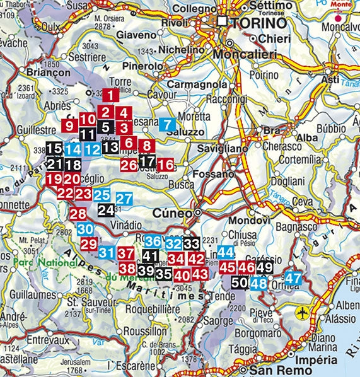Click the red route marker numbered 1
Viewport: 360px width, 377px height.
(x=110, y=96)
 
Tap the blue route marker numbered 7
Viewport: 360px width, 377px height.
(x=168, y=124)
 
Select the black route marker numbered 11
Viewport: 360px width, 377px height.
(x=88, y=134)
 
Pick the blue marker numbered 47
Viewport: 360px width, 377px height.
(x=293, y=277)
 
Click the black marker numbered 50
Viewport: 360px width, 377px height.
(x=240, y=282)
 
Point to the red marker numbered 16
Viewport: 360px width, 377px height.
(x=165, y=165)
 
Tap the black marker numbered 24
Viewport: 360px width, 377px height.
(x=106, y=211)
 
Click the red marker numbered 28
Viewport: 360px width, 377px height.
(x=78, y=214)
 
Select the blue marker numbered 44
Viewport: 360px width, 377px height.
(x=226, y=252)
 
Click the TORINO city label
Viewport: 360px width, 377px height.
(x=258, y=22)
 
